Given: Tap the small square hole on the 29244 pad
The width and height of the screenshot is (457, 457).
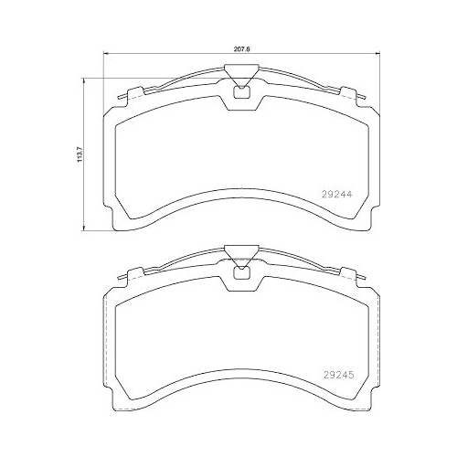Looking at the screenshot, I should (241, 90).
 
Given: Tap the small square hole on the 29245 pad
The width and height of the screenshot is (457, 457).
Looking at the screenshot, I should (241, 270).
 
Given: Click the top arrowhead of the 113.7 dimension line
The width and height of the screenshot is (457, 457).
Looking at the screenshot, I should (85, 80).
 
